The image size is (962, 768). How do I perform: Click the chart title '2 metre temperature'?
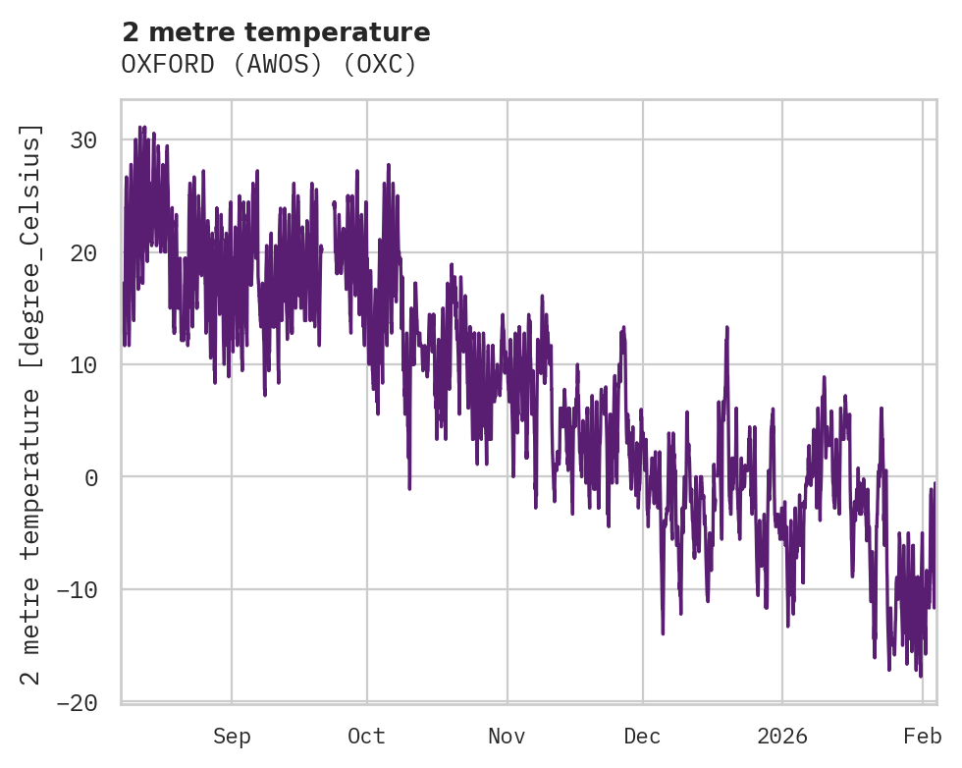[276, 32]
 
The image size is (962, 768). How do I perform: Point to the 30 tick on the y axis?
[83, 140]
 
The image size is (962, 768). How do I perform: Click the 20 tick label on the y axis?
[83, 252]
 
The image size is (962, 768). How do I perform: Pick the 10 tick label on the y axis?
[83, 365]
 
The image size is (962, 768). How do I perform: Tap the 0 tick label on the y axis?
[90, 477]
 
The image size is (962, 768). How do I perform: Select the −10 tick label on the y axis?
[77, 590]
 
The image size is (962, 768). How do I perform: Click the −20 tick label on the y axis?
[77, 702]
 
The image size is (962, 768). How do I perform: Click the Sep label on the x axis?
[232, 737]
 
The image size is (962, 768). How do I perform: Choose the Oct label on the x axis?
[366, 737]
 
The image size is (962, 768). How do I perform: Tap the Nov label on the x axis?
[508, 737]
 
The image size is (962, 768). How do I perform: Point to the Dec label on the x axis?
[642, 737]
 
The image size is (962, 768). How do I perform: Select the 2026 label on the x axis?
[782, 737]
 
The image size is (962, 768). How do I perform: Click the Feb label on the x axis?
[923, 737]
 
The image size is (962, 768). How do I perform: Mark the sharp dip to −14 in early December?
[663, 633]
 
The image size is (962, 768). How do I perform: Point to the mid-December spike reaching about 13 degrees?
[726, 328]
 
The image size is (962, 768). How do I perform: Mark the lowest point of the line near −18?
[920, 676]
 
